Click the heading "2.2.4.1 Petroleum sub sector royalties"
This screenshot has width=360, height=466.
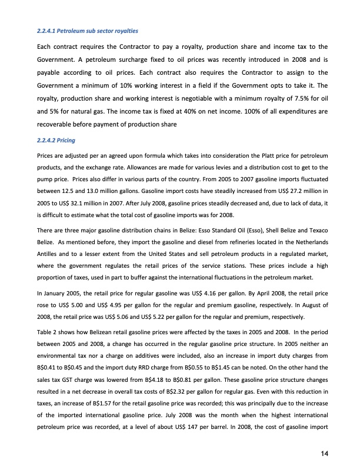click(86, 30)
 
